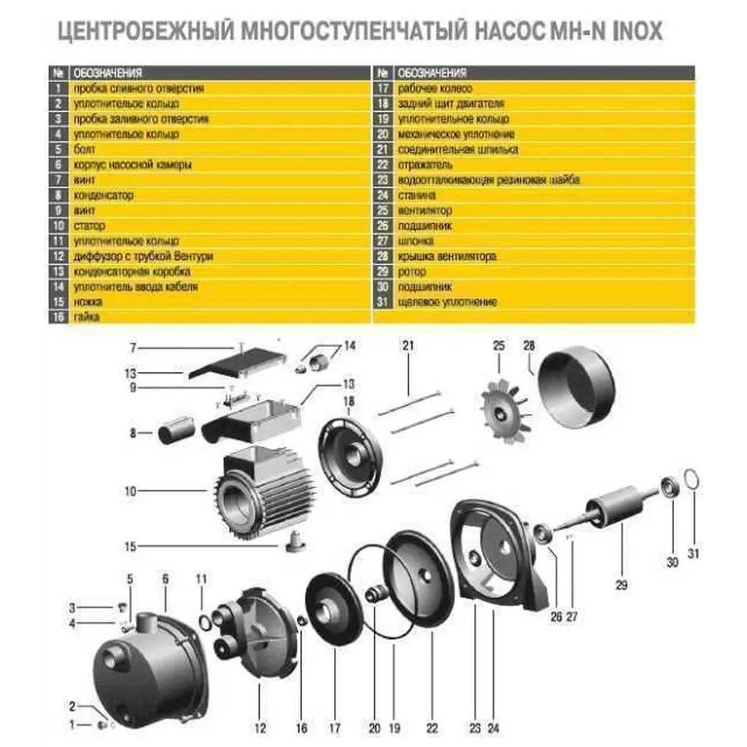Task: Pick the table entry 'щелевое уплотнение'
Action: tap(447, 302)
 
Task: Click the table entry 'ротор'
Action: tap(413, 271)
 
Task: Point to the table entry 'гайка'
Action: tap(85, 317)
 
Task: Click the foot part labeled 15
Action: tap(293, 543)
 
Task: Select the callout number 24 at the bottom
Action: tap(495, 728)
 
